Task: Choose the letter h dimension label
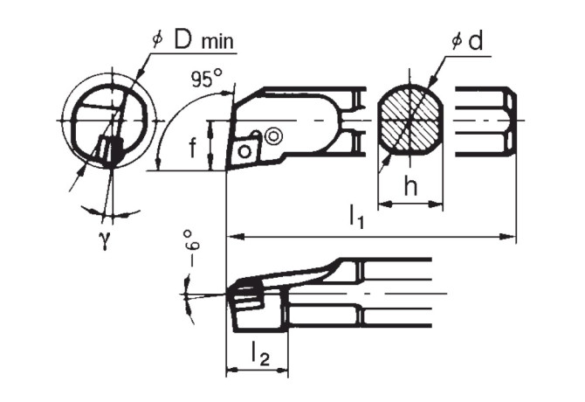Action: (x=410, y=185)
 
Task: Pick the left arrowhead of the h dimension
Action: (x=382, y=206)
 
